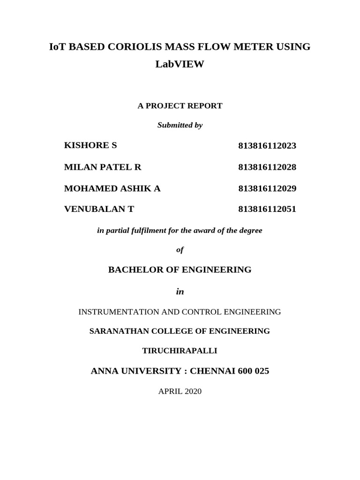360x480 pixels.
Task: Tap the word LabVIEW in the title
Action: click(180, 65)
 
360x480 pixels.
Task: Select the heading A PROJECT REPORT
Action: click(180, 106)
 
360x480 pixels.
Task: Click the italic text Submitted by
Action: click(180, 125)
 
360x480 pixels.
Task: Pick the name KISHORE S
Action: click(90, 145)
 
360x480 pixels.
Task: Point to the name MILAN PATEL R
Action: click(103, 167)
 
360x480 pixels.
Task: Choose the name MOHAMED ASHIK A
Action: click(112, 188)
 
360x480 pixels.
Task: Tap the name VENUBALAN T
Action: click(99, 209)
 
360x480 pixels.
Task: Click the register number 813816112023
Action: click(267, 146)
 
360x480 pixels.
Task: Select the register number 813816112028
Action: click(267, 167)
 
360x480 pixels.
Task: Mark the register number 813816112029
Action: click(267, 188)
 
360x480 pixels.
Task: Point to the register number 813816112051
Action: click(267, 209)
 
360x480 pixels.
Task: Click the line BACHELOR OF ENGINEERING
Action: click(180, 270)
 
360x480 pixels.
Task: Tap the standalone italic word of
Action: click(180, 250)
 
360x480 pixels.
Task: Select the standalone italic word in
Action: click(180, 292)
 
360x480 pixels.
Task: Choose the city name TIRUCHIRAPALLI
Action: click(180, 351)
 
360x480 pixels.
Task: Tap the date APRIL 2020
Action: click(180, 391)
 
